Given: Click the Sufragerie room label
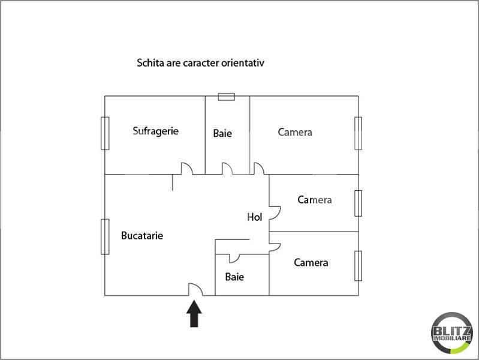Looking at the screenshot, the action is pos(155,131).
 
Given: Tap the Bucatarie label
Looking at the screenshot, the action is pos(142,236).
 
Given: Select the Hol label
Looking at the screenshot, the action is pos(254,217).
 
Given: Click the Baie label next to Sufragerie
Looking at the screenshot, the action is pos(222,133).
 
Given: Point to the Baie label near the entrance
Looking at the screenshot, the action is pos(234,277).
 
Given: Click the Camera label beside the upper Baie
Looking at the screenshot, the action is pos(295,132).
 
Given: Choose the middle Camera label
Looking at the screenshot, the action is pos(315,200).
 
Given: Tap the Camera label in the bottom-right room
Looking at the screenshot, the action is pos(311,262).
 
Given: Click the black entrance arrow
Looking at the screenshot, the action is pos(194,314).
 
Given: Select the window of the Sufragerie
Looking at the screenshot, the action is pos(105,133).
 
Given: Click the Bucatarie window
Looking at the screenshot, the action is pos(105,237).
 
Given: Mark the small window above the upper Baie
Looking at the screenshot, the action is pos(227,97).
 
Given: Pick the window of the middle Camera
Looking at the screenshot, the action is pos(358,203).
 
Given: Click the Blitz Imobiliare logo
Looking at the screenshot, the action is pos(452,333).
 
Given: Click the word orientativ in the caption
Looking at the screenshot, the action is pos(243,63).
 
